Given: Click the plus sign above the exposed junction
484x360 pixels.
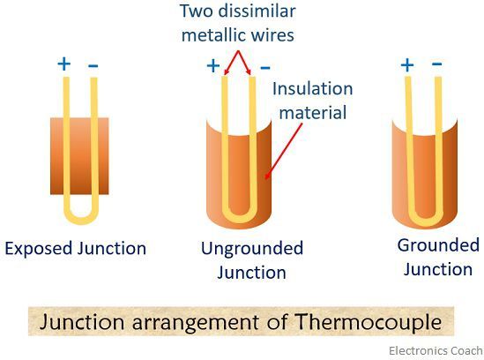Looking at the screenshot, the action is [63, 64].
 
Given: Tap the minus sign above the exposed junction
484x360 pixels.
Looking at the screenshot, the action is [93, 65].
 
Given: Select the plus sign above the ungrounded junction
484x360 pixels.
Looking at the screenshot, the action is [213, 66].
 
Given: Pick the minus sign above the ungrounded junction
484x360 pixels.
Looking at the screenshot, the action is [265, 67].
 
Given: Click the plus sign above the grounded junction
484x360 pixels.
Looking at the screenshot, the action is [407, 65].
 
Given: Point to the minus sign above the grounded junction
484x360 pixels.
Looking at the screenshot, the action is [436, 64].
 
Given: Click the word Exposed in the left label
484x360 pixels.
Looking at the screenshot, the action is [39, 249].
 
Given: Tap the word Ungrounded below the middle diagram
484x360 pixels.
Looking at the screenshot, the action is [252, 249].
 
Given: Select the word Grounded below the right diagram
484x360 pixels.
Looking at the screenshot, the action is [438, 245].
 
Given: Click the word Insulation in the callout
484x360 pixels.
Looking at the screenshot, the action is [312, 89].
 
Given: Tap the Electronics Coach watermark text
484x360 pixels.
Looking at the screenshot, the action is [436, 350].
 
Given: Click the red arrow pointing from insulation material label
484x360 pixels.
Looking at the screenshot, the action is [283, 151].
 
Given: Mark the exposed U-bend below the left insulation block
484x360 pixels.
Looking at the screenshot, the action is [81, 214].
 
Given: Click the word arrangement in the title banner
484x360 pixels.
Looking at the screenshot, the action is [196, 322].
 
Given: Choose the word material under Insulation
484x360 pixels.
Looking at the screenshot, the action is [313, 112].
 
